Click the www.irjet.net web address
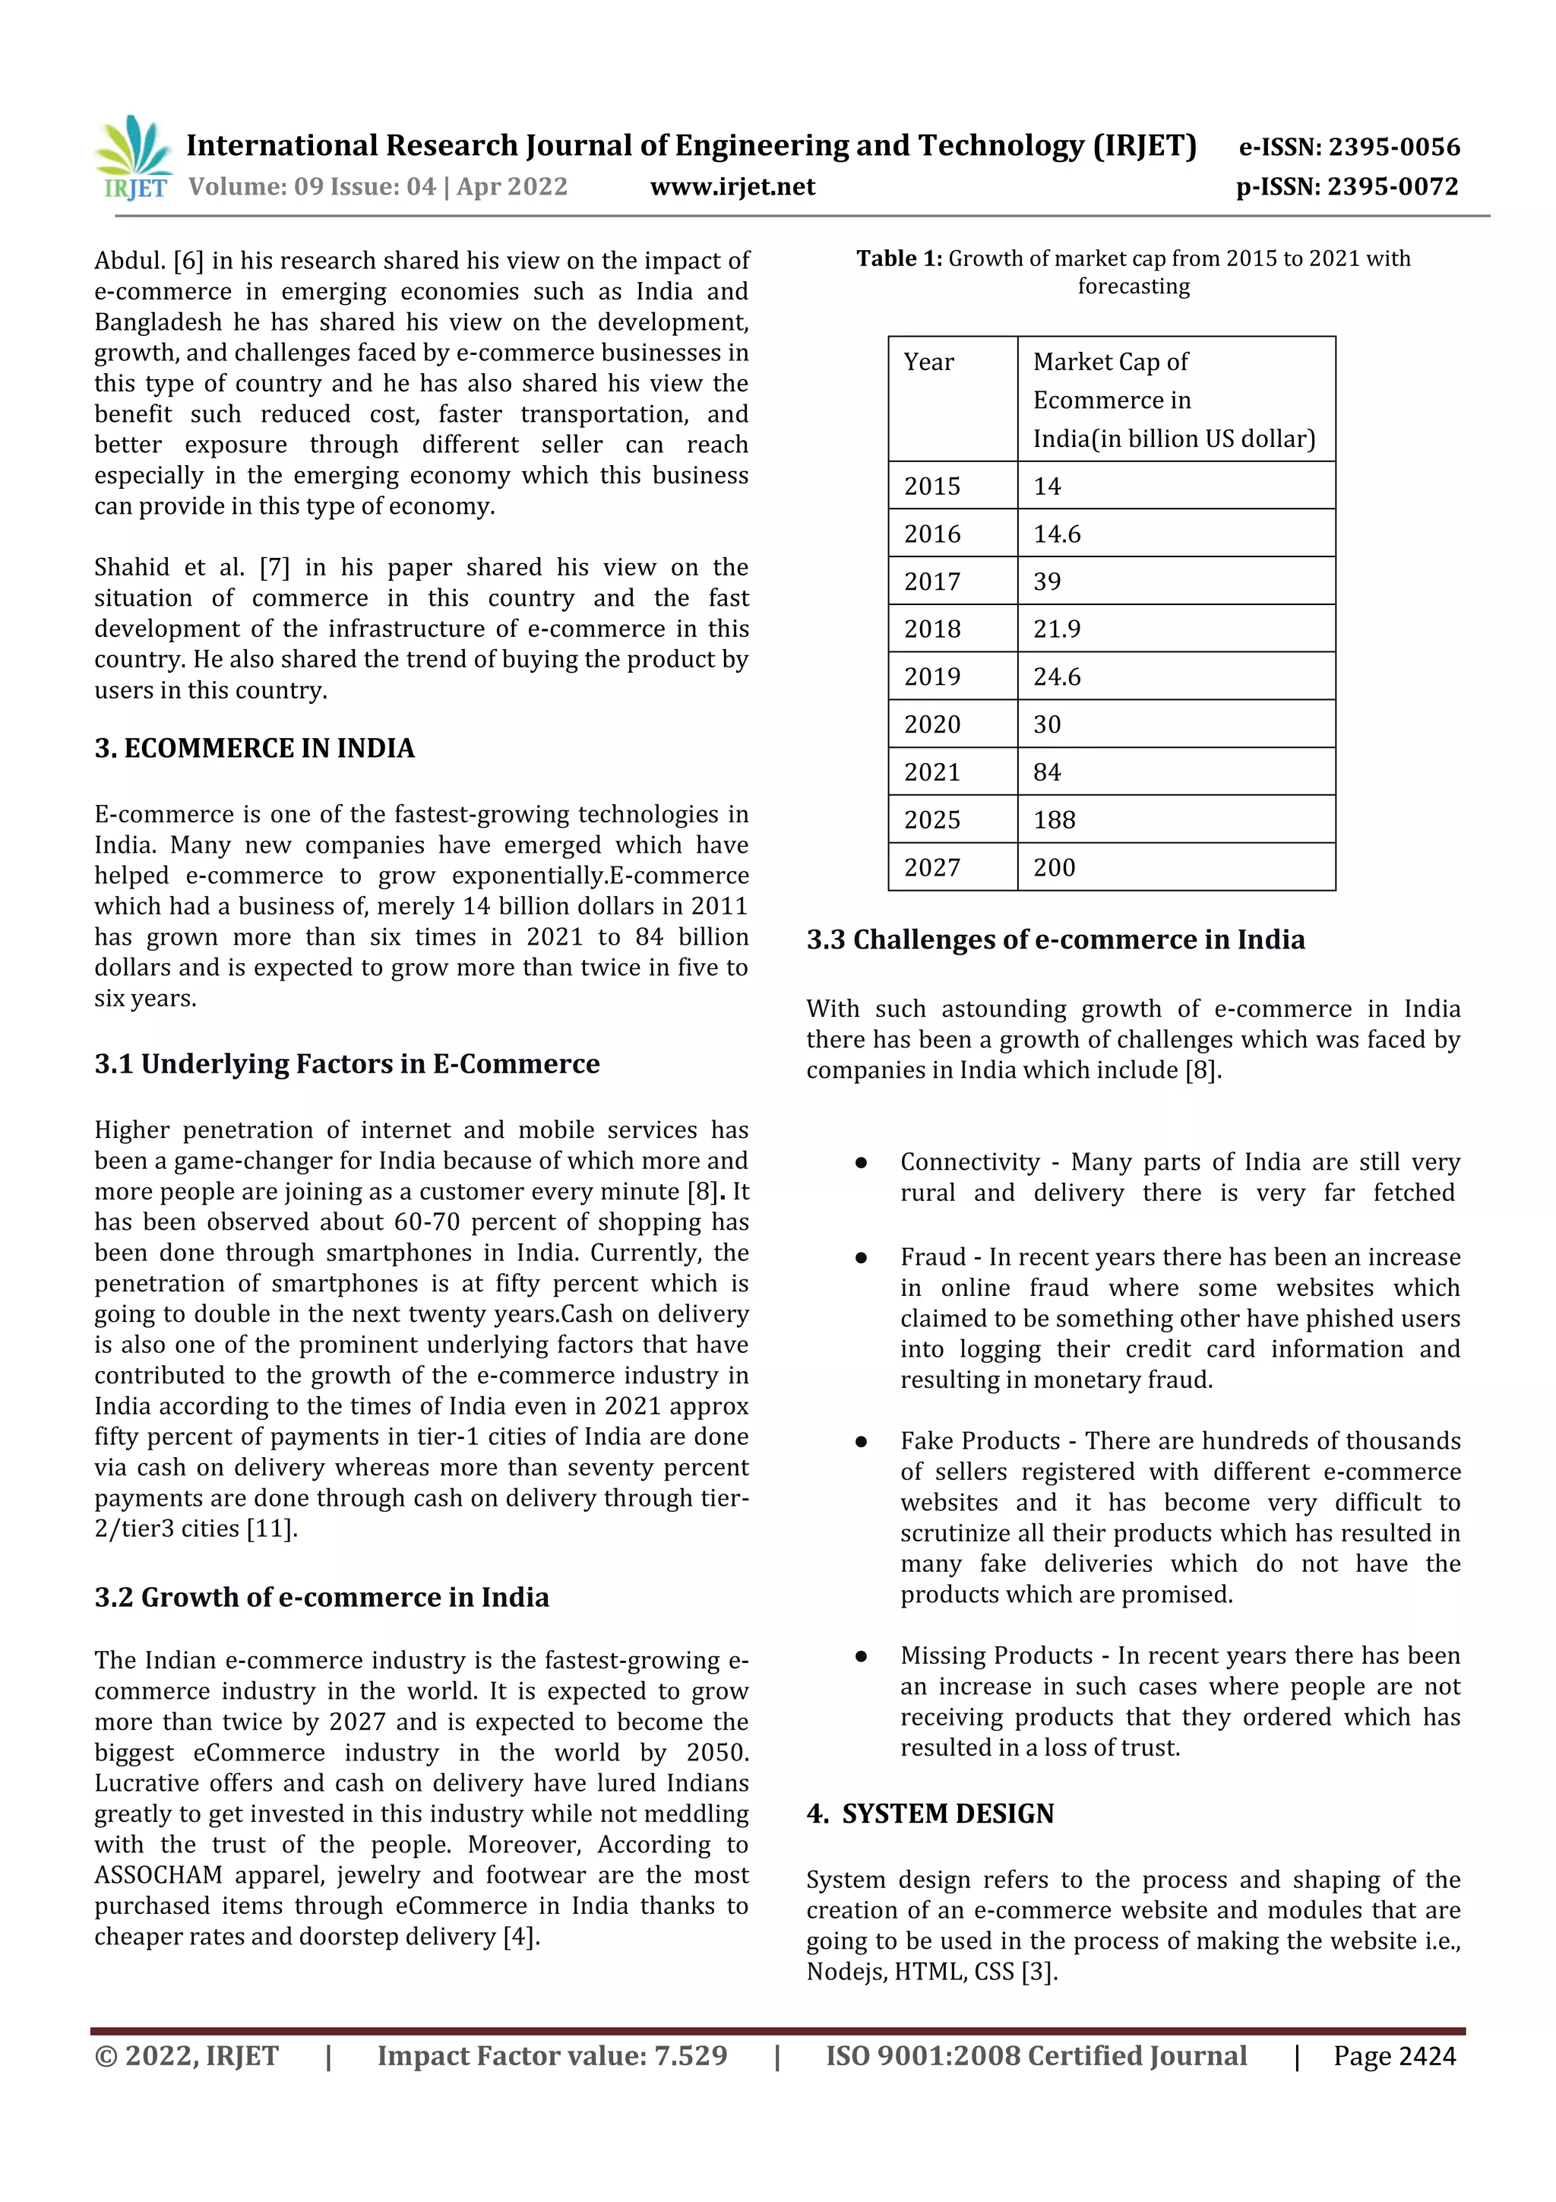(x=732, y=187)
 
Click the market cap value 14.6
(x=1057, y=534)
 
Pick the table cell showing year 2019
(x=932, y=677)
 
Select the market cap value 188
(x=1054, y=820)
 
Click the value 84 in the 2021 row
(x=1047, y=772)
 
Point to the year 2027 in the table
(x=932, y=868)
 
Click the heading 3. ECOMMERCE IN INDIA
(x=254, y=748)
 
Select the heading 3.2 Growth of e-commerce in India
(x=321, y=1597)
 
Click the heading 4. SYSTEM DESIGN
(x=929, y=1814)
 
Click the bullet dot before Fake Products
(x=861, y=1441)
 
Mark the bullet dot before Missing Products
(x=861, y=1656)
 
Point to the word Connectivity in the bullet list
(x=969, y=1162)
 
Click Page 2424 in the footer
(x=1394, y=2056)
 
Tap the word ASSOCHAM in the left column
(x=158, y=1875)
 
